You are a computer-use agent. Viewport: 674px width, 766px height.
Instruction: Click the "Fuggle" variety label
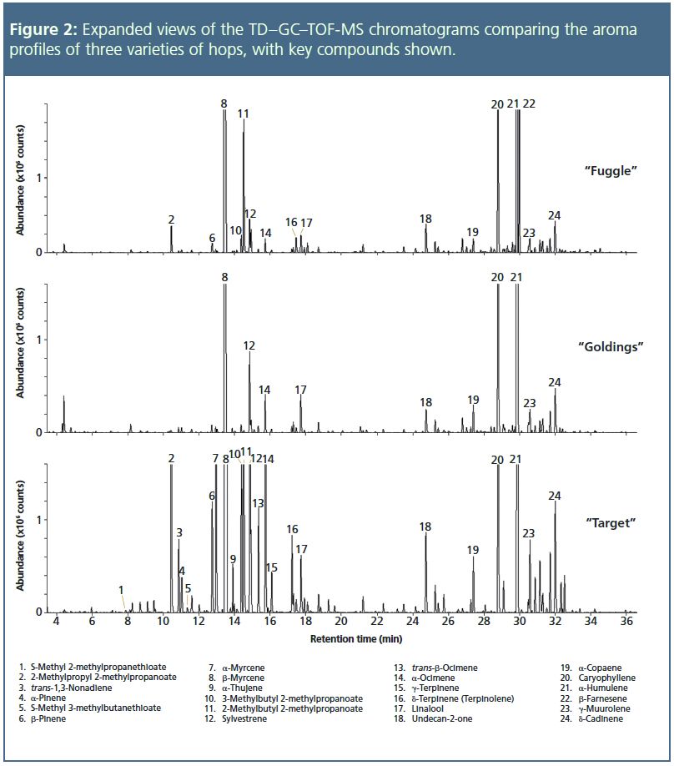tap(611, 170)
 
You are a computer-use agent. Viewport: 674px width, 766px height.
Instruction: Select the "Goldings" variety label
tap(611, 346)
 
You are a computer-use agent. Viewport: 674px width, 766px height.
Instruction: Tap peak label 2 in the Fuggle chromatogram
tap(171, 219)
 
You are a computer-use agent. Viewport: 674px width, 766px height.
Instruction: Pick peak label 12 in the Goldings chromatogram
tap(249, 345)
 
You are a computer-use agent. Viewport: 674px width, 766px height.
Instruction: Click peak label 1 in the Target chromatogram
tap(121, 589)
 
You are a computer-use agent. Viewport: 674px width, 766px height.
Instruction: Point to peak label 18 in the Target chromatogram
tap(425, 527)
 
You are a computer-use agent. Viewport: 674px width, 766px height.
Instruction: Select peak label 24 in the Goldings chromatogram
tap(555, 382)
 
